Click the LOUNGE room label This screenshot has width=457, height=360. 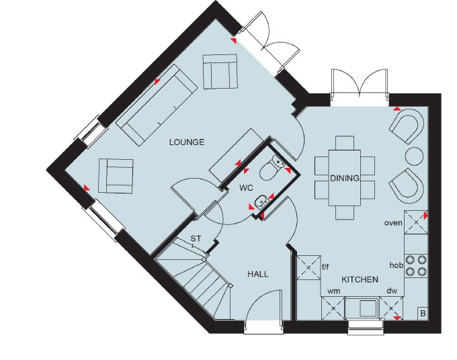tap(187, 142)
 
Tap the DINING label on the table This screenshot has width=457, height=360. tap(345, 178)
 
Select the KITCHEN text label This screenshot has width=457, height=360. tap(360, 279)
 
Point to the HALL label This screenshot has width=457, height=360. tap(258, 274)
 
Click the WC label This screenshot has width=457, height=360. tap(246, 188)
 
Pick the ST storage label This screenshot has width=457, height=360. tap(196, 239)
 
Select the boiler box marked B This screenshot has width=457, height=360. tap(423, 314)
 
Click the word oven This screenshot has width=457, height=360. tap(393, 223)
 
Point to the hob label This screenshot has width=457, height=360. tap(397, 265)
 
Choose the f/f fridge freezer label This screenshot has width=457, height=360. tap(325, 267)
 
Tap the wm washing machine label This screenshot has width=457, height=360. tap(334, 291)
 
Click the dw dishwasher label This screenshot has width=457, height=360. tap(392, 291)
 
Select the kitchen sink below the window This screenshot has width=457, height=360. tap(362, 308)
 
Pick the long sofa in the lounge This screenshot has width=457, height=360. tap(156, 105)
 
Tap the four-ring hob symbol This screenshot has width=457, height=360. tap(416, 265)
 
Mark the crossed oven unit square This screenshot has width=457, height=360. tap(416, 222)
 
